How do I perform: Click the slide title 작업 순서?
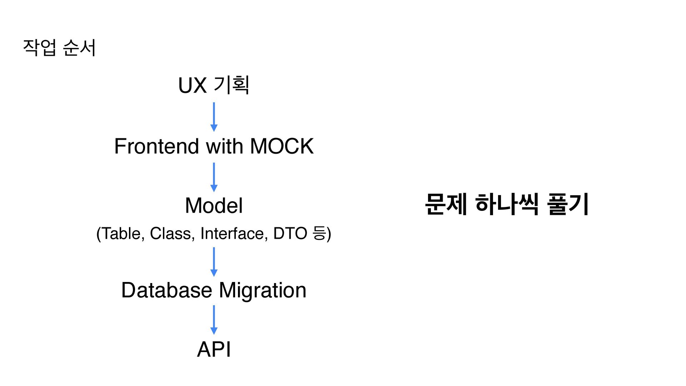pyautogui.click(x=59, y=48)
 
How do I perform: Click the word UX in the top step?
pyautogui.click(x=192, y=85)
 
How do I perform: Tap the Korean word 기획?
pyautogui.click(x=231, y=85)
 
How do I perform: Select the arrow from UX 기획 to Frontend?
pyautogui.click(x=214, y=117)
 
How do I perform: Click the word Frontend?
pyautogui.click(x=156, y=146)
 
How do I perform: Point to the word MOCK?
pyautogui.click(x=282, y=146)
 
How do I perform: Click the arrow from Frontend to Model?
pyautogui.click(x=214, y=177)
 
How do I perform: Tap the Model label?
pyautogui.click(x=214, y=206)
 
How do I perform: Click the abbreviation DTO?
pyautogui.click(x=290, y=233)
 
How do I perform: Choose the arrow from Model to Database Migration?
pyautogui.click(x=214, y=262)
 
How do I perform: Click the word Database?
pyautogui.click(x=166, y=290)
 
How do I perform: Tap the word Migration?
pyautogui.click(x=263, y=290)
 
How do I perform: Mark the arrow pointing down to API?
pyautogui.click(x=214, y=320)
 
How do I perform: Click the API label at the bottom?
pyautogui.click(x=214, y=349)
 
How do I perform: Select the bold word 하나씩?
pyautogui.click(x=507, y=204)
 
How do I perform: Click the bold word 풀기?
pyautogui.click(x=568, y=204)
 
